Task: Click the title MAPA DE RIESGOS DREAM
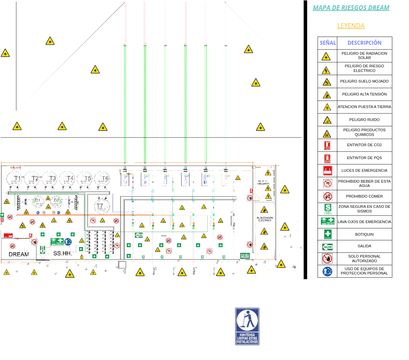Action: pyautogui.click(x=351, y=7)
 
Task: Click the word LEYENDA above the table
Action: pyautogui.click(x=351, y=25)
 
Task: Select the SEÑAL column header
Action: pyautogui.click(x=327, y=43)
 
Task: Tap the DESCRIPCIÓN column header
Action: pyautogui.click(x=364, y=43)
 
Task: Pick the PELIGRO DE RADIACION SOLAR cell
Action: pyautogui.click(x=364, y=56)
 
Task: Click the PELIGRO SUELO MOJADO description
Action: pyautogui.click(x=364, y=81)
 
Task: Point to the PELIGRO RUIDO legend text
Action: pyautogui.click(x=364, y=119)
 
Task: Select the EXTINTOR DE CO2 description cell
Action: pyautogui.click(x=364, y=145)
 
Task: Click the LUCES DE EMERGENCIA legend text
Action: pyautogui.click(x=364, y=170)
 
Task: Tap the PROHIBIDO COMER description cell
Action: pyautogui.click(x=364, y=196)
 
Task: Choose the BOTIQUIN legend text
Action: pyautogui.click(x=364, y=233)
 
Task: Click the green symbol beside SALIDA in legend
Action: pyautogui.click(x=327, y=246)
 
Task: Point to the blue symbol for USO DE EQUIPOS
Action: pyautogui.click(x=327, y=271)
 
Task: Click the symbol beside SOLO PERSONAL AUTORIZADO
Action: pyautogui.click(x=327, y=258)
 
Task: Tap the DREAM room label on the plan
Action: pyautogui.click(x=19, y=254)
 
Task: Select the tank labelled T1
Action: pyautogui.click(x=18, y=180)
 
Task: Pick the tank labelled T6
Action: pyautogui.click(x=104, y=180)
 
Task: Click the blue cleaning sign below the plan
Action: pyautogui.click(x=248, y=325)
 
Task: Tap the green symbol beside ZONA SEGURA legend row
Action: pyautogui.click(x=327, y=208)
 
